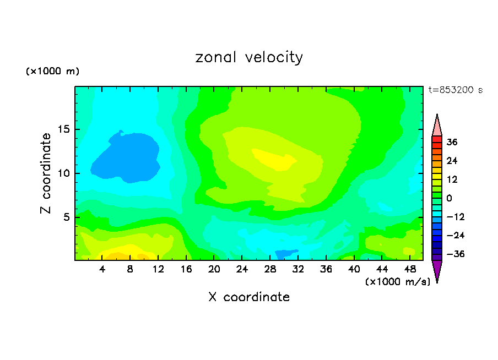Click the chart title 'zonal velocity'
(249, 57)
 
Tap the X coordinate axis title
(249, 297)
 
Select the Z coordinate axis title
(46, 173)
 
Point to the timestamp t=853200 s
(455, 90)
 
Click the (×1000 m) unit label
(52, 71)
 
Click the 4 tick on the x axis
(102, 269)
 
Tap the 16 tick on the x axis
(186, 269)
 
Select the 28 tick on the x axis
(270, 269)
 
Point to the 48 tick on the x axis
(409, 269)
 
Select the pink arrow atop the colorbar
(437, 124)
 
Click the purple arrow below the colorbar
(437, 271)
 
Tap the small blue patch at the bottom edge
(284, 254)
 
